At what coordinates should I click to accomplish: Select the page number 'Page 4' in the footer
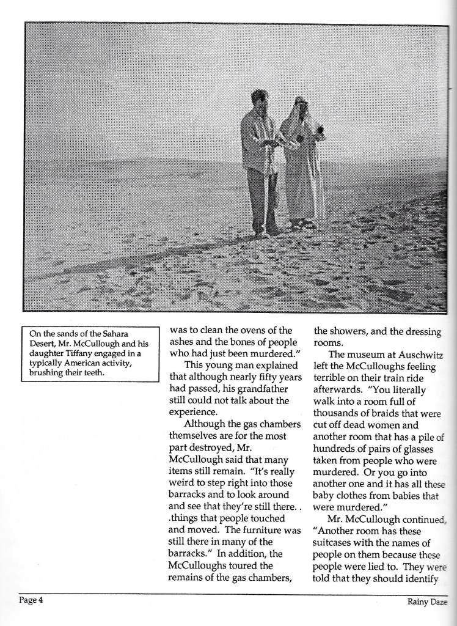coord(31,600)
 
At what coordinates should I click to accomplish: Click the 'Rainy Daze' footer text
coord(428,602)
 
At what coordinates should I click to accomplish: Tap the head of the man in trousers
coord(260,99)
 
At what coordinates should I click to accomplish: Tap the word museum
coord(365,355)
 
